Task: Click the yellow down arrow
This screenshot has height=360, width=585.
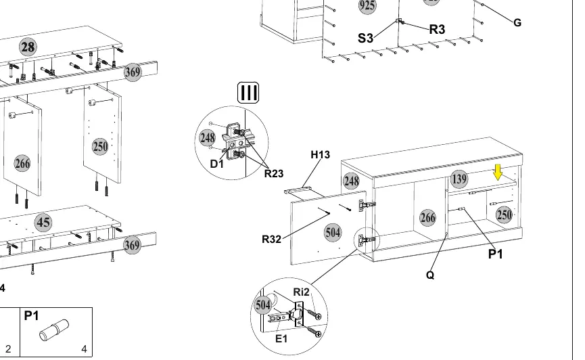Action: tap(498, 172)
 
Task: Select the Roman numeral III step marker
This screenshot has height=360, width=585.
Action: tap(248, 93)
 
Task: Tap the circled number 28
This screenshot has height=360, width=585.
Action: tap(28, 47)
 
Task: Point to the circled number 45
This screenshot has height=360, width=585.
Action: tap(43, 223)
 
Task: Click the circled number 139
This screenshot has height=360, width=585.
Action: tap(459, 179)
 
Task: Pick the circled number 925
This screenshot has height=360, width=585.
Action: tap(367, 5)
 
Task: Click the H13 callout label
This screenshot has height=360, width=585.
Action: tap(320, 154)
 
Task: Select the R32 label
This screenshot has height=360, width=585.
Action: tap(271, 239)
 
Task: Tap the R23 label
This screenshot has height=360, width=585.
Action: tap(274, 174)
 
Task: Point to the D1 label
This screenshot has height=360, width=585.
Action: tap(217, 164)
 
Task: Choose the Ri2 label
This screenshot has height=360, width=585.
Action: tap(301, 292)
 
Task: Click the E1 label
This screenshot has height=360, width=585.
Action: tap(281, 339)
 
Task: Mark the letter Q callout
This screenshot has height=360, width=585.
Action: tap(430, 275)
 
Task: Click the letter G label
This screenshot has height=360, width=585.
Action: tap(517, 23)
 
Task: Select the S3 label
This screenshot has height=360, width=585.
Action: tap(365, 38)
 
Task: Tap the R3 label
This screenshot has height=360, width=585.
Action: tap(437, 29)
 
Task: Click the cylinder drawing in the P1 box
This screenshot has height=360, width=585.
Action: tap(54, 330)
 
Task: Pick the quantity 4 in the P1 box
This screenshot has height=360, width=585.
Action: tap(84, 348)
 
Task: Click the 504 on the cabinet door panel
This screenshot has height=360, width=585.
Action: tap(333, 233)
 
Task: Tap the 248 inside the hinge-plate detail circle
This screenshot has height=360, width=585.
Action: tap(207, 138)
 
